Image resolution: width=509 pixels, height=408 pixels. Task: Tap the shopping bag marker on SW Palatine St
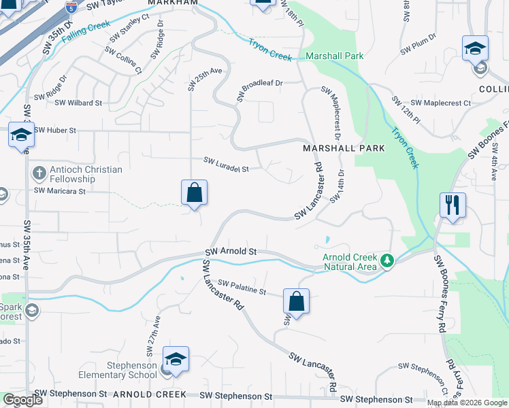296,301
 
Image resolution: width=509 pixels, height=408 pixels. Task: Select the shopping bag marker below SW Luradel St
195,192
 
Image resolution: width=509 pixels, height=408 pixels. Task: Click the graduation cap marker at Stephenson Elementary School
176,359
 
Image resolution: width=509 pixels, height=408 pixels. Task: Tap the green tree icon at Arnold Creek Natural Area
387,260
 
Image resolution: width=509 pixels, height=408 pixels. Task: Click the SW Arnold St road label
230,252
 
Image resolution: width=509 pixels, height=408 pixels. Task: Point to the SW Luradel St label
227,164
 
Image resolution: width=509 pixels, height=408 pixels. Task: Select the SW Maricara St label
61,191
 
